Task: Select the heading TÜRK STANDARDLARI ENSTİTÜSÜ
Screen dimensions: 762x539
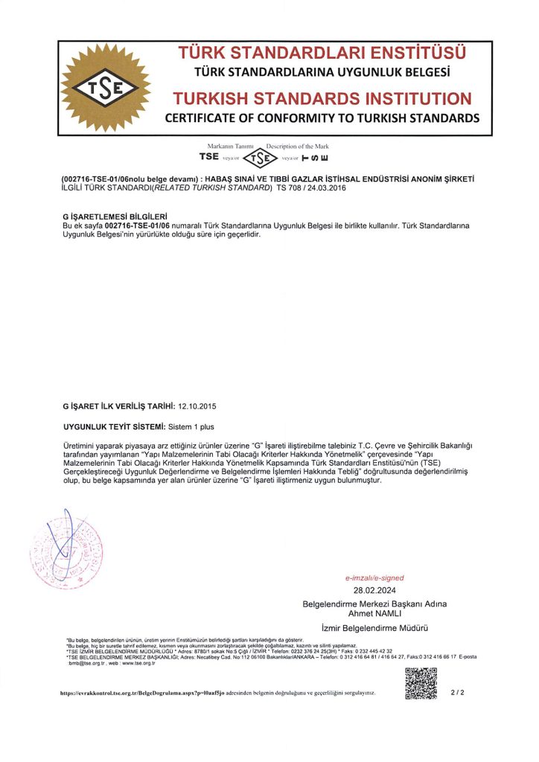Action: (x=322, y=54)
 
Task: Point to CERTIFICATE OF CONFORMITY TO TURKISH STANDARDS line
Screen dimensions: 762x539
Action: (x=322, y=118)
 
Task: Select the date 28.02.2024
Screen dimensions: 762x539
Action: (x=374, y=589)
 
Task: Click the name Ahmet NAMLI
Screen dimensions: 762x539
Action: (x=374, y=613)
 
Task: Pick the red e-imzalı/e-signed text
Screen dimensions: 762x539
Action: (x=374, y=577)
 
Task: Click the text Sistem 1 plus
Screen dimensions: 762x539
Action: (x=193, y=428)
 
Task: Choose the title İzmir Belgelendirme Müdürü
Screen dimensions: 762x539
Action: (x=374, y=628)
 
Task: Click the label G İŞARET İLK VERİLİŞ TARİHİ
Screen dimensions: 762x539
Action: (x=119, y=406)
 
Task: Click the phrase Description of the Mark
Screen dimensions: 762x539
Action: (x=298, y=147)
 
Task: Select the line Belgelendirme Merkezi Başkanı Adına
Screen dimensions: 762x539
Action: (x=374, y=603)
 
